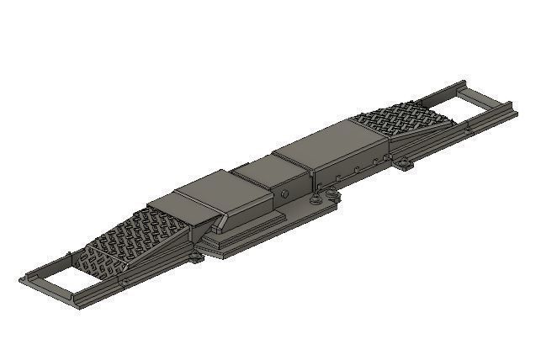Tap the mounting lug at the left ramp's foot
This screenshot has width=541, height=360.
point(196,255)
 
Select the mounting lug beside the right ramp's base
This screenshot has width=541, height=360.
point(406,164)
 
